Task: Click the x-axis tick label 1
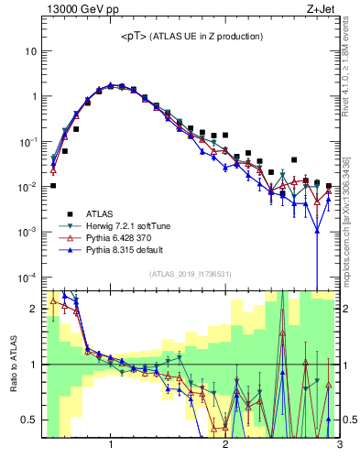111,445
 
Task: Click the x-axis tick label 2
225,445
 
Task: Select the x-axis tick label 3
339,445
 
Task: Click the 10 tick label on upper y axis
30,51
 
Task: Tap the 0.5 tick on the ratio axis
29,420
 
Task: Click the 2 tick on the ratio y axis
34,309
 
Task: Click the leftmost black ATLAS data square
53,185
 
